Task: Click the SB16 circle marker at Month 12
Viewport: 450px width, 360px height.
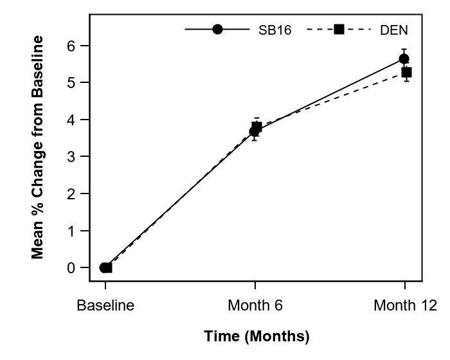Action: coord(404,59)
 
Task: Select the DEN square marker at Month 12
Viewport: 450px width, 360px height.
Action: coord(406,73)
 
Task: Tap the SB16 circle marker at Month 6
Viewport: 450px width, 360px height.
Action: coord(255,131)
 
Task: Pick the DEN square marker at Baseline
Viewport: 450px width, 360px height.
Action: coord(107,267)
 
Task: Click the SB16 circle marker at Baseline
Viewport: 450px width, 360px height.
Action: coord(104,267)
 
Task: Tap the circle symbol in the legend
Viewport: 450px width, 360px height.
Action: coord(217,30)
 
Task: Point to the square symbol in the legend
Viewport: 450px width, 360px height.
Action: coord(339,30)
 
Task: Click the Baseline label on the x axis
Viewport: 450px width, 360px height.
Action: coord(105,305)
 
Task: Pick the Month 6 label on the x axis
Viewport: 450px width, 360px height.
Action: coord(255,305)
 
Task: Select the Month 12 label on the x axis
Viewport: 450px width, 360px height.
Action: coord(405,305)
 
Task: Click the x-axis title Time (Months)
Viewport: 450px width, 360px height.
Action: coord(256,336)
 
